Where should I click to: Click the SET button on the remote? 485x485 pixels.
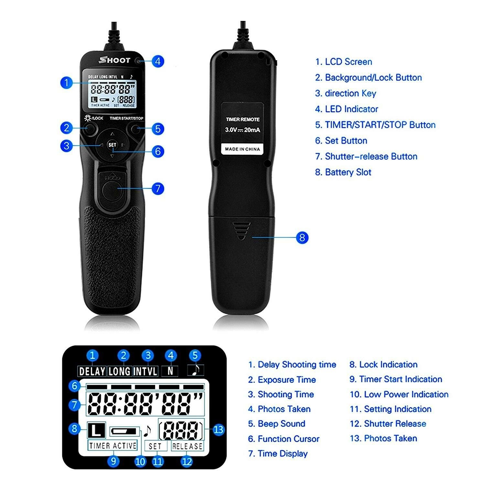[112, 145]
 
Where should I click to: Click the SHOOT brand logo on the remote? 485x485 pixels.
[115, 60]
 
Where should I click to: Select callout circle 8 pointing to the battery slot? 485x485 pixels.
[302, 238]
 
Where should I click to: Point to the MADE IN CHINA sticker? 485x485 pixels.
[242, 149]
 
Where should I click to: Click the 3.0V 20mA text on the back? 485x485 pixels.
[242, 130]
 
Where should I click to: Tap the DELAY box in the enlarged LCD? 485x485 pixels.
[92, 371]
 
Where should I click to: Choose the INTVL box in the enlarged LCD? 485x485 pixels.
[145, 371]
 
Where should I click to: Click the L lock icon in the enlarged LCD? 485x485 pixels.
[96, 430]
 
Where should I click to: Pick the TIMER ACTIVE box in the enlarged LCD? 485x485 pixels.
[113, 446]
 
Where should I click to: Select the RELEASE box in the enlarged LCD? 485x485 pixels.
[187, 446]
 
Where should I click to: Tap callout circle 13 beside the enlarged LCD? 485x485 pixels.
[219, 430]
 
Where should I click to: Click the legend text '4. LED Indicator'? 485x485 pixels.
[347, 109]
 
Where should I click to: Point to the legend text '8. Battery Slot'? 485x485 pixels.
[343, 172]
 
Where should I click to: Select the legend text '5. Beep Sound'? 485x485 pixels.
[276, 424]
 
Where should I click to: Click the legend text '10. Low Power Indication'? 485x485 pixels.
[399, 394]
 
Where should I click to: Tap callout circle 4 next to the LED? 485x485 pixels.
[157, 61]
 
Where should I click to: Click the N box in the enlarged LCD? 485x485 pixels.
[170, 371]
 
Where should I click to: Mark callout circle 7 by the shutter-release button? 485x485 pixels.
[157, 188]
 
